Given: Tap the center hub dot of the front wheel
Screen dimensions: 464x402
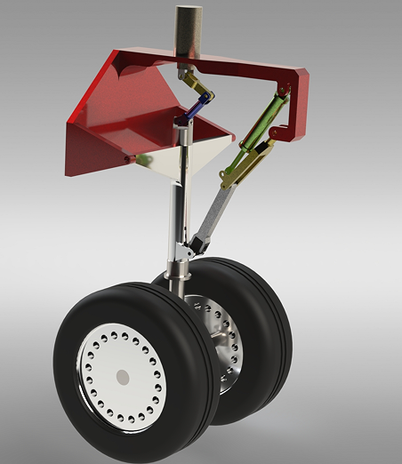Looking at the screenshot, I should [x=122, y=377].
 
